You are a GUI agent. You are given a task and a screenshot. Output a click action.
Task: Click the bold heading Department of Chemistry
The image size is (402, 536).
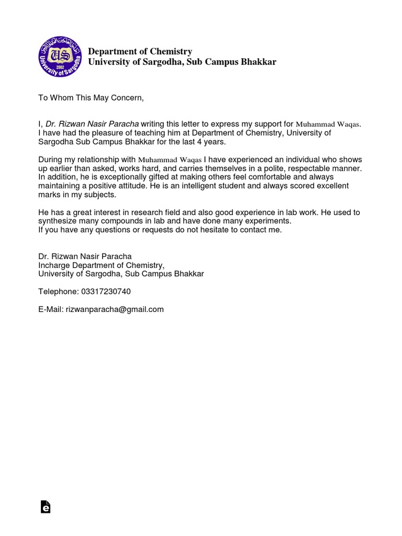pyautogui.click(x=140, y=51)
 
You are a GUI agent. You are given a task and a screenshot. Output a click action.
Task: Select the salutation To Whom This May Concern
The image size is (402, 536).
pyautogui.click(x=91, y=97)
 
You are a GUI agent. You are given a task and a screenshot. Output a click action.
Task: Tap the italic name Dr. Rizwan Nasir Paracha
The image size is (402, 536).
pyautogui.click(x=92, y=124)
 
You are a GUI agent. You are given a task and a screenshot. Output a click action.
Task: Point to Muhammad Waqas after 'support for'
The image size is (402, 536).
pyautogui.click(x=329, y=125)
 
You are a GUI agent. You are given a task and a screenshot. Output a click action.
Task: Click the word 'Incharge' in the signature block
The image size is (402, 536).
pyautogui.click(x=54, y=265)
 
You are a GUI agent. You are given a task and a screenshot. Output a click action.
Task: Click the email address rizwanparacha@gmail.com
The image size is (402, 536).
pyautogui.click(x=115, y=309)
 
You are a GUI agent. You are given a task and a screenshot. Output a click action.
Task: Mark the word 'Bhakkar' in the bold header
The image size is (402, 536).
pyautogui.click(x=259, y=62)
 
